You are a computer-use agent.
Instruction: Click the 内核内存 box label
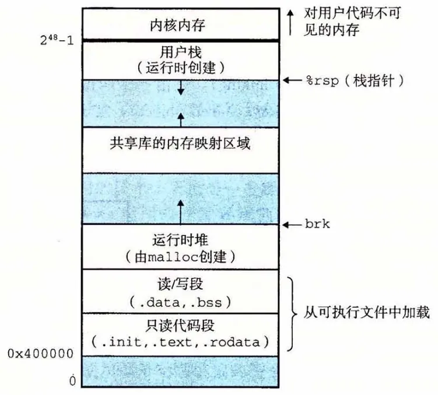tap(180, 25)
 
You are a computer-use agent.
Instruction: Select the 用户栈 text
tap(180, 51)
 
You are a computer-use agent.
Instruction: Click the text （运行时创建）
tap(180, 68)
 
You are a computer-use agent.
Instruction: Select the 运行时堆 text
tap(180, 239)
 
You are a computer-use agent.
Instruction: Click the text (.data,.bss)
tap(180, 301)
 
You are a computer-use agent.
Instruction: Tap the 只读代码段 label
tap(180, 323)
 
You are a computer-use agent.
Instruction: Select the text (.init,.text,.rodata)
tap(180, 340)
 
